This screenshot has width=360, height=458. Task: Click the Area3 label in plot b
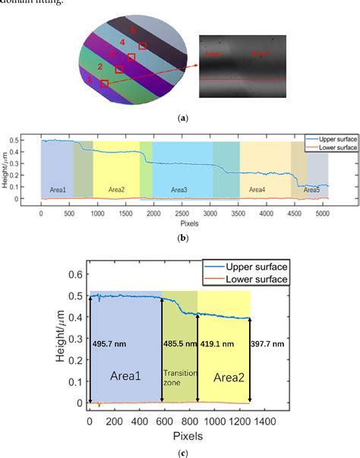179,189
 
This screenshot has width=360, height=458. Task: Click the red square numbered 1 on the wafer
104,83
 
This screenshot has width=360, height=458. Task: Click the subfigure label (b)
182,238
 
